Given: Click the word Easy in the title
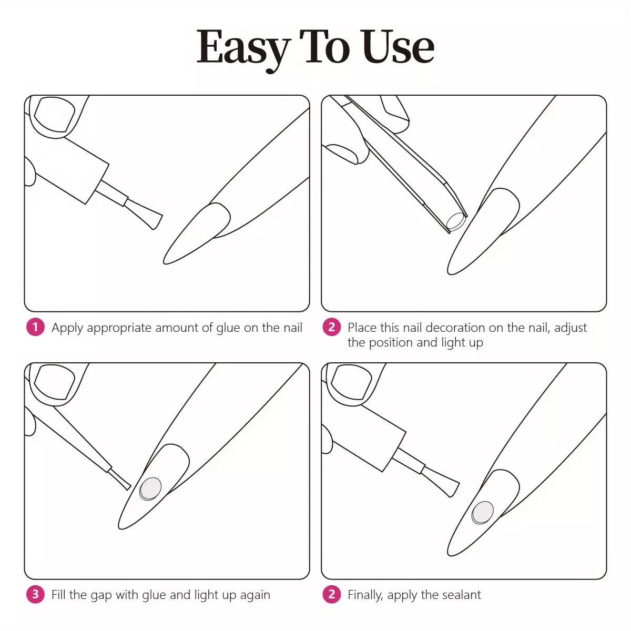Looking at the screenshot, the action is (243, 48).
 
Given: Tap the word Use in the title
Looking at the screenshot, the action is (399, 46).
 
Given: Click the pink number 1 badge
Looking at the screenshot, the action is (35, 327).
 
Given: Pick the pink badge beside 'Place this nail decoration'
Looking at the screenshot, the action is (331, 327).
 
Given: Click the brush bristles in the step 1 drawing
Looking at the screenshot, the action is (144, 214).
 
